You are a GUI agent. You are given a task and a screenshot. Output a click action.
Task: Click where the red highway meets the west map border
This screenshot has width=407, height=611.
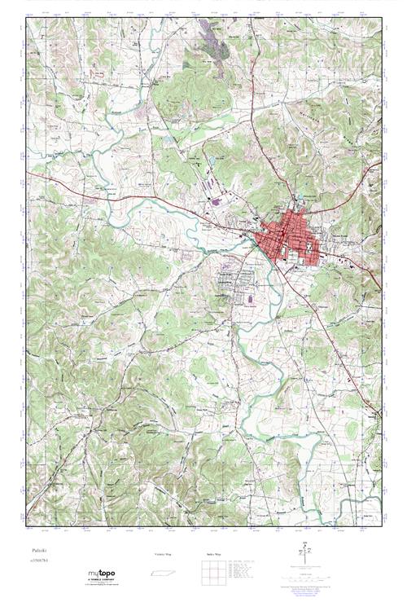click(27, 173)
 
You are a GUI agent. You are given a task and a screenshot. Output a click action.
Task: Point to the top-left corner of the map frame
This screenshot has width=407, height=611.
click(26, 18)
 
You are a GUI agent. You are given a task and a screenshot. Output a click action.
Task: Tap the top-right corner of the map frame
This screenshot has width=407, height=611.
click(381, 18)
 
